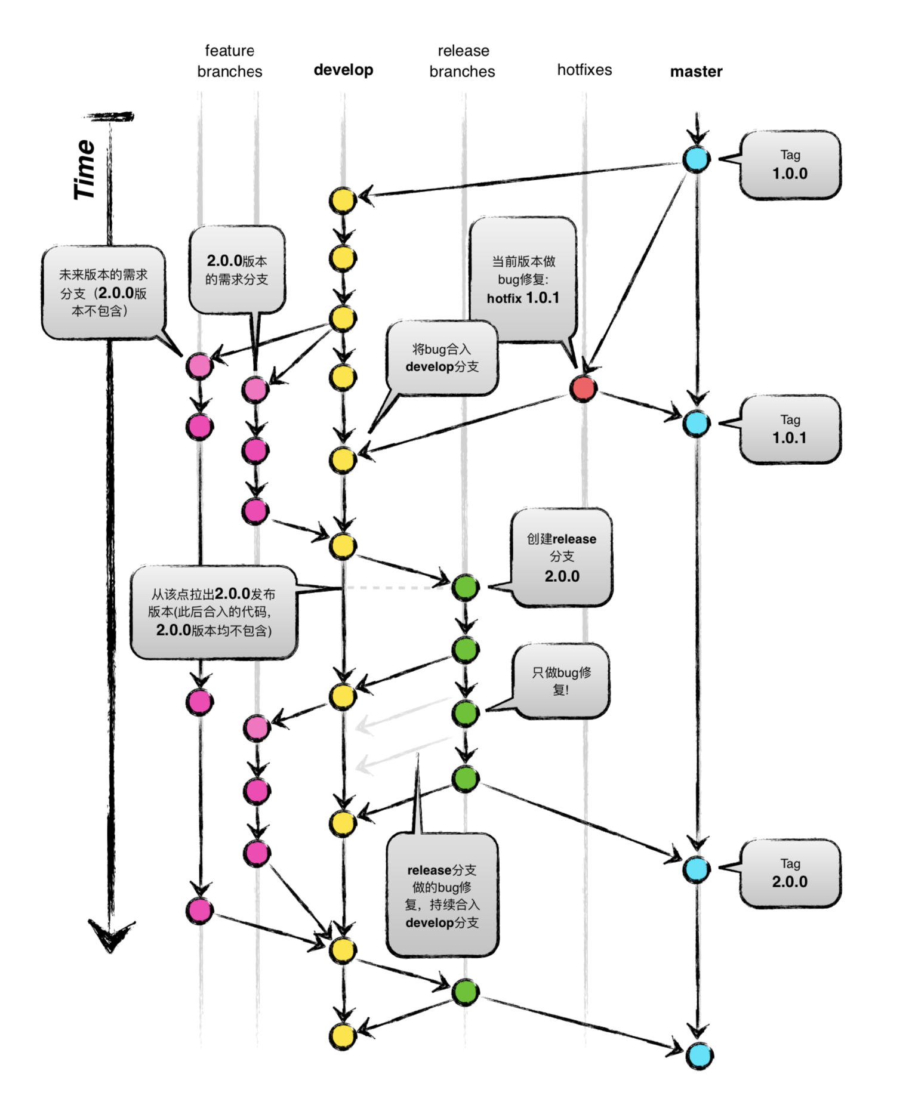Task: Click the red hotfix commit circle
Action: coord(583,388)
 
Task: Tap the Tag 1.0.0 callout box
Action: coord(790,165)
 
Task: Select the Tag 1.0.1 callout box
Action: coord(790,429)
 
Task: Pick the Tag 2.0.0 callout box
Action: coord(790,873)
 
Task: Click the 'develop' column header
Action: coord(343,70)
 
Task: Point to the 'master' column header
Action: coord(696,72)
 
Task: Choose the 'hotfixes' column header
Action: coord(584,70)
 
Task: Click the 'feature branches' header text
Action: coord(230,61)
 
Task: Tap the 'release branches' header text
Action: coord(463,61)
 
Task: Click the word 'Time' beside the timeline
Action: coord(85,169)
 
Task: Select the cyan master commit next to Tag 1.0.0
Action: coord(697,159)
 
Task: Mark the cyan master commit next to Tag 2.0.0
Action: coord(697,869)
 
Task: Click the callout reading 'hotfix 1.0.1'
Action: coord(523,279)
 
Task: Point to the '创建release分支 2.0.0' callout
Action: coord(561,557)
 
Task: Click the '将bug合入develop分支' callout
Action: coord(442,358)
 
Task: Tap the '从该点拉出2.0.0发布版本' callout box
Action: coord(214,612)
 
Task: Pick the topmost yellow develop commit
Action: coord(343,200)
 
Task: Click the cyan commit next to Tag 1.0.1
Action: coord(697,423)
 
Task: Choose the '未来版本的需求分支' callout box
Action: coord(103,292)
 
